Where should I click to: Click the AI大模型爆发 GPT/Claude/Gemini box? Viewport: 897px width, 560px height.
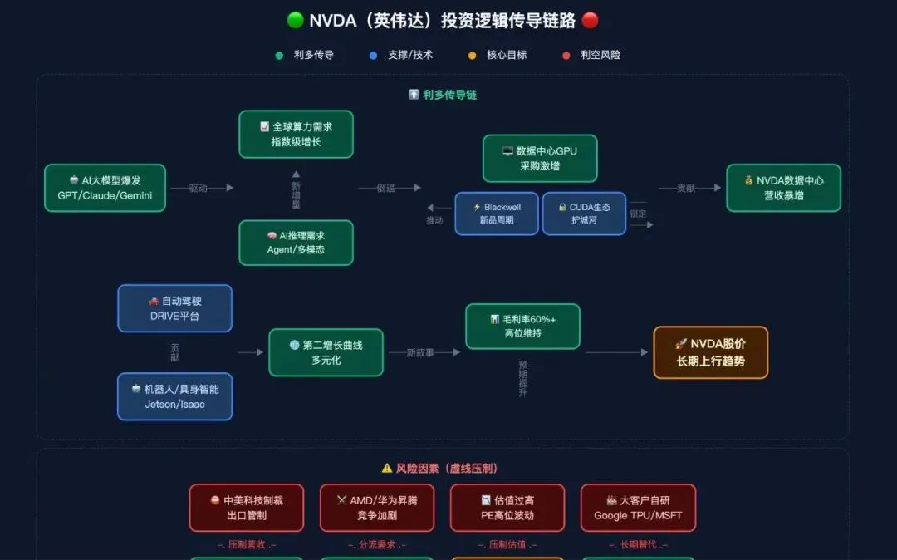pos(105,188)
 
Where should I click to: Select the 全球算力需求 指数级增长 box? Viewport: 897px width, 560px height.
pos(296,134)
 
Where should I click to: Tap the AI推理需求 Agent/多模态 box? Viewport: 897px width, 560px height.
pos(296,243)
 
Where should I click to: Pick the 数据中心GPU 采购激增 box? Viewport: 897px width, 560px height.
pos(540,159)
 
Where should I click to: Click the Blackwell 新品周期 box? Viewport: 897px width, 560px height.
pos(497,214)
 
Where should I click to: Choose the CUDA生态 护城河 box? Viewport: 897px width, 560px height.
pos(584,214)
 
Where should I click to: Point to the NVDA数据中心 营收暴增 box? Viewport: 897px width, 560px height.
pos(783,188)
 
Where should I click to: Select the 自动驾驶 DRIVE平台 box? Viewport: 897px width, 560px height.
pos(174,308)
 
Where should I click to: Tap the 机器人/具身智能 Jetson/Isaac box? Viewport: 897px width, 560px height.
pos(174,396)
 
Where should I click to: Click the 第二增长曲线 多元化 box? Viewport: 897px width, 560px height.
pos(326,352)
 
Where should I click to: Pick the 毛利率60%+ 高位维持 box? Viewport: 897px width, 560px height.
pos(522,326)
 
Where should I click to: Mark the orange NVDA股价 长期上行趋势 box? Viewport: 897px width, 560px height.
pos(710,352)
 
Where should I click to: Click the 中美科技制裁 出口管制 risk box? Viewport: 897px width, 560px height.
pos(247,508)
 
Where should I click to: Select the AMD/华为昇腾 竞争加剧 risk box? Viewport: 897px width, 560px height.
pos(377,508)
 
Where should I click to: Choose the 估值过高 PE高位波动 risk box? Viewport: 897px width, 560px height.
pos(507,508)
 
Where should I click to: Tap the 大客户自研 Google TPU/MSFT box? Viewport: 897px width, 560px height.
pos(638,508)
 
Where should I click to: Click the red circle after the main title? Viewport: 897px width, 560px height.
pos(590,21)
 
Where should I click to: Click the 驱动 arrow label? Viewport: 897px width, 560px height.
pos(199,189)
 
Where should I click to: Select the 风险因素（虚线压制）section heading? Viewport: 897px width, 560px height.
pos(441,469)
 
